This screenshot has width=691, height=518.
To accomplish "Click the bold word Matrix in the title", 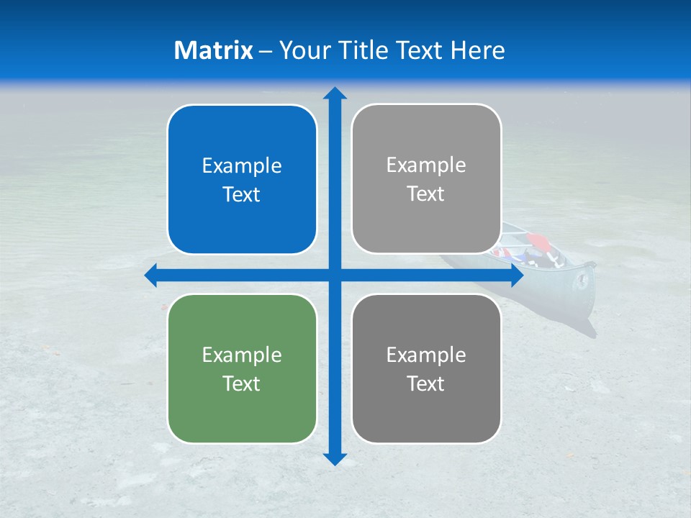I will pos(214,50).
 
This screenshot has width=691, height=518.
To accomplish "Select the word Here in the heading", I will pos(478,50).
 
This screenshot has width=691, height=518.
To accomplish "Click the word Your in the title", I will pos(303,50).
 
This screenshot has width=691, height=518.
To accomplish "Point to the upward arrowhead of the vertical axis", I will pos(335,93).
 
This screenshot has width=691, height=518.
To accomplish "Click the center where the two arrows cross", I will pos(335,276).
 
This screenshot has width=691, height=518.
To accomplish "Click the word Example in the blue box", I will pos(242,166).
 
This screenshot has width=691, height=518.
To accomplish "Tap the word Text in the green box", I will pos(242,384).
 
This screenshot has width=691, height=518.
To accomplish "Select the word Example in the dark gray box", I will pos(426,355).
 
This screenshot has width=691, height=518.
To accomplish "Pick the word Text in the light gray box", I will pos(426,194).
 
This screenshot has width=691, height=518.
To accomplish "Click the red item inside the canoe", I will pos(536,241).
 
